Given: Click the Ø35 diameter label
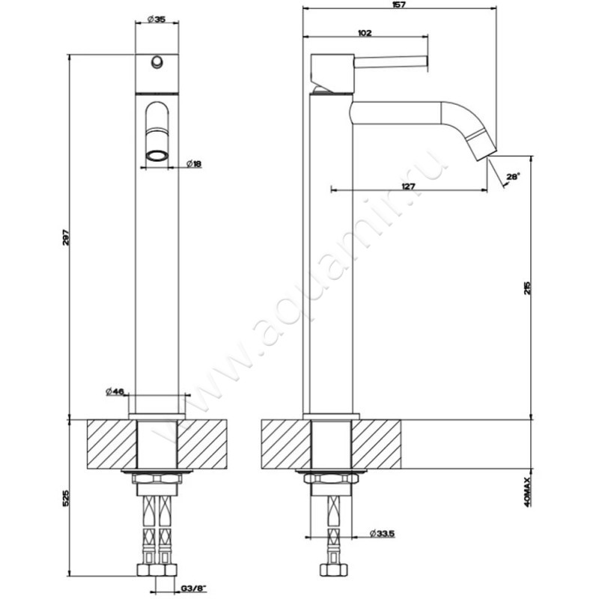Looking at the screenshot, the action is tap(156, 19).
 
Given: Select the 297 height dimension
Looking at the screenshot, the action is tap(65, 237).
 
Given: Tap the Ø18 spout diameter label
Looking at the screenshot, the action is tap(194, 164).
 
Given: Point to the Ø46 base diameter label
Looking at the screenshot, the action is tap(115, 392).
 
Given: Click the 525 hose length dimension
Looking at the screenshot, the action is tap(65, 498).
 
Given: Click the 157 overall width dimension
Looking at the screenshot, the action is tap(399, 4).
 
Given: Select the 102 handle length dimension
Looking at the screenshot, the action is tap(365, 33).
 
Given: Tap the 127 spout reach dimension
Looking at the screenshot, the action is tap(408, 186).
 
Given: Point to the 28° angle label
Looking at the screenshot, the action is tap(513, 177).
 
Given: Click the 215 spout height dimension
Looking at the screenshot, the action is tap(527, 288).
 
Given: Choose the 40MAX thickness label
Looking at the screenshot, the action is tap(527, 492).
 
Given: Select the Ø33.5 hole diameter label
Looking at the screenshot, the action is tap(383, 534).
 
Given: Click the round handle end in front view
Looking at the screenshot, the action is tap(156, 62).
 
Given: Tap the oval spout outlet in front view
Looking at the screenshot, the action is tap(156, 156).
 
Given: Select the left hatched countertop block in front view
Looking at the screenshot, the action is tap(112, 444).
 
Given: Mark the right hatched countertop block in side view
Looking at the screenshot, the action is tap(376, 444).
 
